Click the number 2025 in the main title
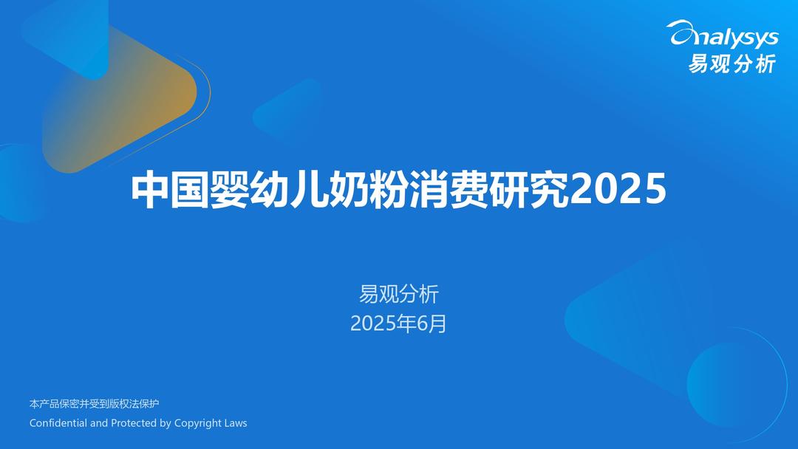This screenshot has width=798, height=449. pos(616,189)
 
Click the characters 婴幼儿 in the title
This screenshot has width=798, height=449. pos(269,190)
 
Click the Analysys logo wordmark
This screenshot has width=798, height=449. pos(723,35)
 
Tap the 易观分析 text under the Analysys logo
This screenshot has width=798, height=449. pos(731,64)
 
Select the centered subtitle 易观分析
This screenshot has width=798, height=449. pos(398,294)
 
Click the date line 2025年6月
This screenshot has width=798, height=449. pos(398,323)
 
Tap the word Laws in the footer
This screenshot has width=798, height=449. pos(236,422)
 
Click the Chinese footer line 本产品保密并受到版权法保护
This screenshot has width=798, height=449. pos(94,404)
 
